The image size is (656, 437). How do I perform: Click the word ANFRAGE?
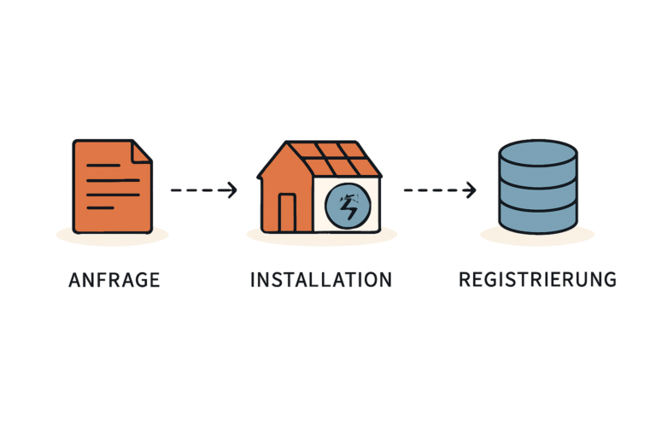(114, 280)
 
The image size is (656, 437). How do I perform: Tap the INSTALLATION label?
(321, 280)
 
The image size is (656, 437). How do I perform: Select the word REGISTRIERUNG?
(537, 280)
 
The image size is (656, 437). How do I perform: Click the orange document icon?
(112, 187)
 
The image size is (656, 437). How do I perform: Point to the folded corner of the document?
(142, 151)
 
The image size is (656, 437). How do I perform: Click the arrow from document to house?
(203, 190)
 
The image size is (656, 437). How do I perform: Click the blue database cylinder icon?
(537, 187)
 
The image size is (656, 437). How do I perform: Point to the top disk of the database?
(537, 154)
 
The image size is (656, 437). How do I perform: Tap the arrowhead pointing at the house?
(231, 190)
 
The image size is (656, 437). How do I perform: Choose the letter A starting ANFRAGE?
(73, 280)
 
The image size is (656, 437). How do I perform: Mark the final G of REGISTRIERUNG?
(608, 280)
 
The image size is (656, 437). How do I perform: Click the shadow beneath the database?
(537, 236)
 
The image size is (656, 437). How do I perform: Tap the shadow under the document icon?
(112, 235)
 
